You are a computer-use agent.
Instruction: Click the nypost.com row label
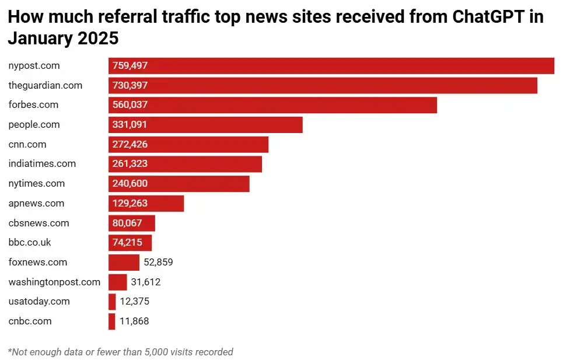point(34,66)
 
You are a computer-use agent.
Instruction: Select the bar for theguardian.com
point(323,86)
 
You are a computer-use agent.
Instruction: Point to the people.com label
point(34,125)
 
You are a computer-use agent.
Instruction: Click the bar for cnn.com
point(188,145)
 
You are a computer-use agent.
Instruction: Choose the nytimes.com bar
point(179,184)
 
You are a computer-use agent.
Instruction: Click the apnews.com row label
point(36,204)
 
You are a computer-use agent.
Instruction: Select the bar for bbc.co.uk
point(130,243)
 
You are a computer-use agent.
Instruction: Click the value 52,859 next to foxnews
point(158,263)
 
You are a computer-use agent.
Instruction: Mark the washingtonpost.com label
point(54,282)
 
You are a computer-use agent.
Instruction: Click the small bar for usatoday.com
point(112,302)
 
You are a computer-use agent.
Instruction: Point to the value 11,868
point(135,321)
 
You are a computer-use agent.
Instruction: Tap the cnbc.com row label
point(30,321)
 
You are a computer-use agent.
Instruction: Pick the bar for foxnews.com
point(124,263)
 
